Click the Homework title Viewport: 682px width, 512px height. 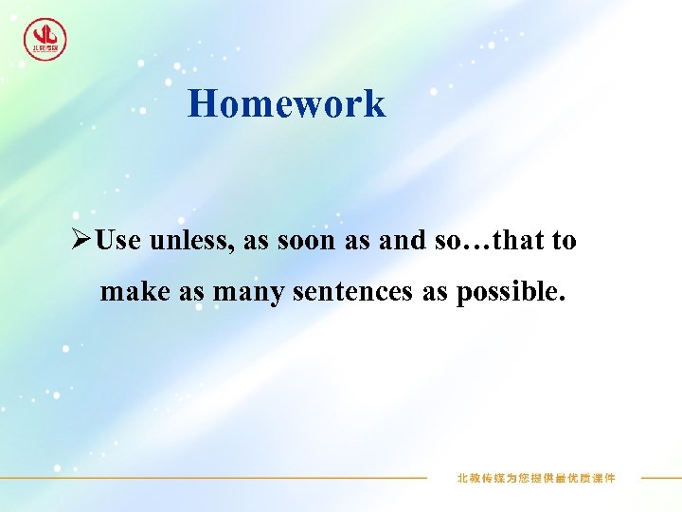286,103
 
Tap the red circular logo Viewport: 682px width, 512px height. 45,39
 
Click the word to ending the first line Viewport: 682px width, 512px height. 564,241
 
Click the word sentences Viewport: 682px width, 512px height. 352,292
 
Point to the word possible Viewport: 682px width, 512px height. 511,292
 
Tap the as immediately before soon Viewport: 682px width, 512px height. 256,241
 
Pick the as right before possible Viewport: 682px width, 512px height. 435,292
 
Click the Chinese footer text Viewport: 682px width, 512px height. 535,478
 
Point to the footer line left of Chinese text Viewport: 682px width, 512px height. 284,478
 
